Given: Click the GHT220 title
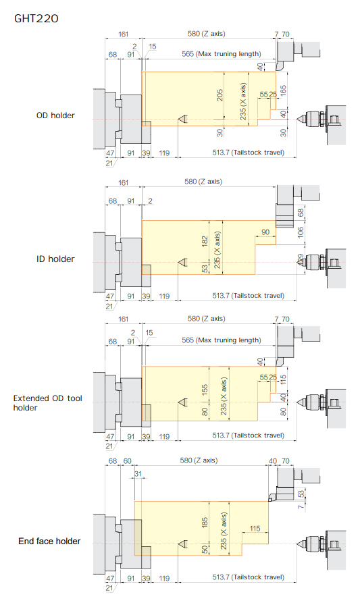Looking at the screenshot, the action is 36,19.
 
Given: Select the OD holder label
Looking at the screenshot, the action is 55,115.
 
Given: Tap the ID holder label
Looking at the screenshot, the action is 55,259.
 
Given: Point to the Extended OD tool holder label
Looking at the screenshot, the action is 47,403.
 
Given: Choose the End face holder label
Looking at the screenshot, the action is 49,542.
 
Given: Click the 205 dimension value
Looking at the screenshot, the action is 220,95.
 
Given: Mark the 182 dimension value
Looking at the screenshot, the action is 205,242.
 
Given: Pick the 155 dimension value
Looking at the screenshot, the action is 205,389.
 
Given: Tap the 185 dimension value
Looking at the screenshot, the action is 205,522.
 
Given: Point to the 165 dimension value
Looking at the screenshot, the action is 284,91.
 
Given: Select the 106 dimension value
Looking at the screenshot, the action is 301,232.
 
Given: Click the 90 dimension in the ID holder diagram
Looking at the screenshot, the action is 265,232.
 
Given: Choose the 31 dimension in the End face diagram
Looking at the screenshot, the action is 138,473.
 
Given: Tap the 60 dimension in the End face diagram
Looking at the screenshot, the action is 128,461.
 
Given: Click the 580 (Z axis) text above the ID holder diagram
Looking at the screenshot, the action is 203,182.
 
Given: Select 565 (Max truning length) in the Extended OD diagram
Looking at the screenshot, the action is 222,340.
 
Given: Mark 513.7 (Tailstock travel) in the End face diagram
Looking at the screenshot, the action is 248,577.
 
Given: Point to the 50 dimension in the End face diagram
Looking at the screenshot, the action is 205,549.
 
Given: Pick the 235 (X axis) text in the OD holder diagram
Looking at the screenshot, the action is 243,101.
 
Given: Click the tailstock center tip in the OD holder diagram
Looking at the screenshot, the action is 297,119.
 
